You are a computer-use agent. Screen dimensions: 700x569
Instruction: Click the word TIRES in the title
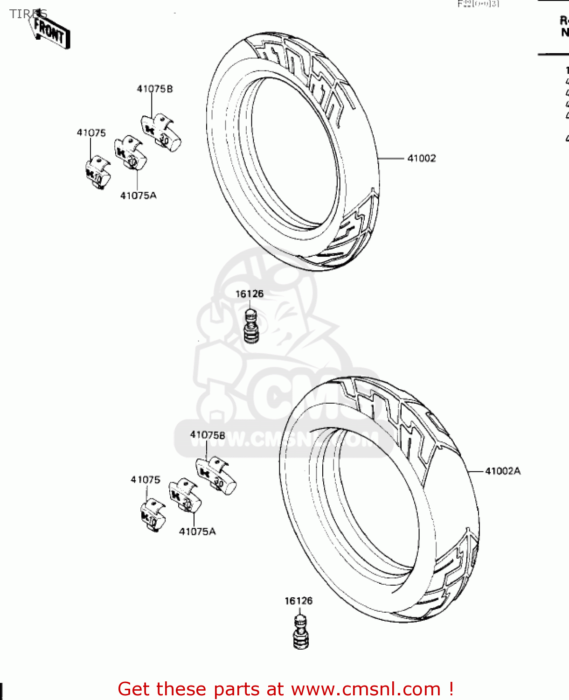tap(28, 14)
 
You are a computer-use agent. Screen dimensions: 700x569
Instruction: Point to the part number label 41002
tap(422, 158)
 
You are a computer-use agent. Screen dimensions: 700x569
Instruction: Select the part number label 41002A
tap(503, 471)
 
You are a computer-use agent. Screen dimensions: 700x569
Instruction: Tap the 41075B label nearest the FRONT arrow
tap(155, 89)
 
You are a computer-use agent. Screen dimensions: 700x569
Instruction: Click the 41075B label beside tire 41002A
tap(208, 435)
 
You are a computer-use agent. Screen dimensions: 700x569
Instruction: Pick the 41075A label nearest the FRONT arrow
tap(139, 196)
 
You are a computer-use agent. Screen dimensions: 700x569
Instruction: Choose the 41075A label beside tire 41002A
tap(197, 532)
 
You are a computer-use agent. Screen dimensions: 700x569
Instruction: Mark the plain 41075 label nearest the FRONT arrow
tap(91, 133)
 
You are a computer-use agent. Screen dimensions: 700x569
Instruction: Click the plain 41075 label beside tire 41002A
tap(146, 480)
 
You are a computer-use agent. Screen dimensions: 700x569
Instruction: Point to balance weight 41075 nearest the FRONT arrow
tap(98, 173)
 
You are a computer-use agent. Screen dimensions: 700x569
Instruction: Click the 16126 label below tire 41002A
tap(298, 601)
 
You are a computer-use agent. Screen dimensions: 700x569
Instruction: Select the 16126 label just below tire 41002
tap(250, 294)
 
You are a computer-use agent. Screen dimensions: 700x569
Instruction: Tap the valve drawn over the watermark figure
tap(251, 325)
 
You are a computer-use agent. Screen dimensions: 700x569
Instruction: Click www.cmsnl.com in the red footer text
tap(366, 689)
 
